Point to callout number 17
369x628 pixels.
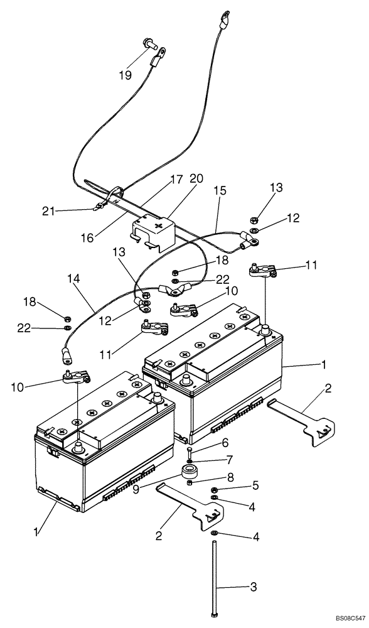pos(176,180)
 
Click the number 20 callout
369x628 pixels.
pos(196,180)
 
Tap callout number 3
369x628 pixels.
pos(252,587)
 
